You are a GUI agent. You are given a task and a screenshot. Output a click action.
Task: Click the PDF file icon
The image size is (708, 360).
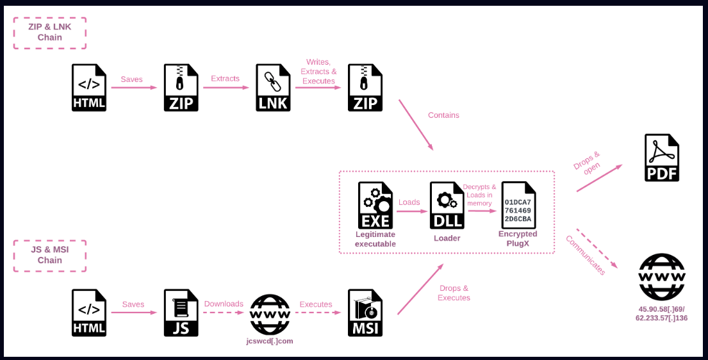pyautogui.click(x=661, y=158)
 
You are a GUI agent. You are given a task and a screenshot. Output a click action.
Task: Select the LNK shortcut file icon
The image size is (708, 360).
pyautogui.click(x=273, y=88)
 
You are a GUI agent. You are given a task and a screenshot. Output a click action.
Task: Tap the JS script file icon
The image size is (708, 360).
pyautogui.click(x=181, y=313)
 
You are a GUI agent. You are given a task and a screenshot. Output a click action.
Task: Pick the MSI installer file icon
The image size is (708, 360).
pyautogui.click(x=365, y=313)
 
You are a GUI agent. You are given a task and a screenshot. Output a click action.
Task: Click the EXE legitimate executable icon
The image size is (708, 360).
pyautogui.click(x=375, y=205)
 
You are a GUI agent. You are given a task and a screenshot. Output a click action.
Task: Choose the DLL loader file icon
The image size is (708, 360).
pyautogui.click(x=447, y=205)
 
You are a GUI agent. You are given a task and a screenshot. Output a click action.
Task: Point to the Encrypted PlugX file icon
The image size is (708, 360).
pyautogui.click(x=518, y=205)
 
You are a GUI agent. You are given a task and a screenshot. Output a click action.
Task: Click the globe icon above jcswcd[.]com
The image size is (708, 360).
pyautogui.click(x=270, y=314)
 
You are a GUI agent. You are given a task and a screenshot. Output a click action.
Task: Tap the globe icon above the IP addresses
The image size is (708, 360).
pyautogui.click(x=661, y=277)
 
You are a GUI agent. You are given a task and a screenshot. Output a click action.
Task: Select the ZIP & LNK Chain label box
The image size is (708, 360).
pyautogui.click(x=49, y=33)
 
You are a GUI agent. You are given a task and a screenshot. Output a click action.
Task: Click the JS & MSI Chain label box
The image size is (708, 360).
pyautogui.click(x=49, y=256)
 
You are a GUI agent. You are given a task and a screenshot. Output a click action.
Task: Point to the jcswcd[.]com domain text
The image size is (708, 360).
pyautogui.click(x=270, y=341)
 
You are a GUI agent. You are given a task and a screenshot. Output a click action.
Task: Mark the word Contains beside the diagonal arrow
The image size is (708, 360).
pyautogui.click(x=443, y=115)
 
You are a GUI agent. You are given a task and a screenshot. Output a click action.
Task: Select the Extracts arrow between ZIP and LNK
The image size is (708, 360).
pyautogui.click(x=226, y=88)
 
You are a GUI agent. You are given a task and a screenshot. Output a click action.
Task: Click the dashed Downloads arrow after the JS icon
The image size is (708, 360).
pyautogui.click(x=224, y=313)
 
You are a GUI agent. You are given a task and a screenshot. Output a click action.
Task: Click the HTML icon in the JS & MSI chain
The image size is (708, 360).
pyautogui.click(x=89, y=313)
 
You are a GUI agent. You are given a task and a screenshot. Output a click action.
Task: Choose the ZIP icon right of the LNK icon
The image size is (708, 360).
pyautogui.click(x=365, y=88)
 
